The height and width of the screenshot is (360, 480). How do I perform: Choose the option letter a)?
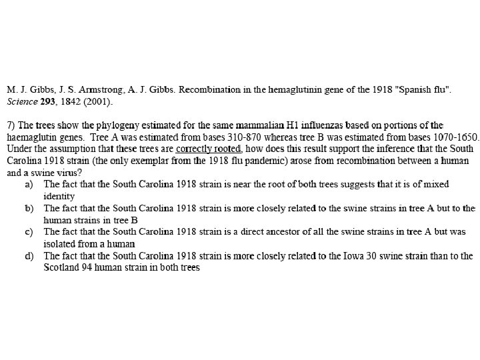pos(29,184)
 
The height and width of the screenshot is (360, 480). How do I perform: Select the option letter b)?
pos(29,208)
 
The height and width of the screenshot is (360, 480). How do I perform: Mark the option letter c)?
pos(29,232)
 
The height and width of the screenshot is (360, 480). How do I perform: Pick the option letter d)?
pos(29,256)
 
